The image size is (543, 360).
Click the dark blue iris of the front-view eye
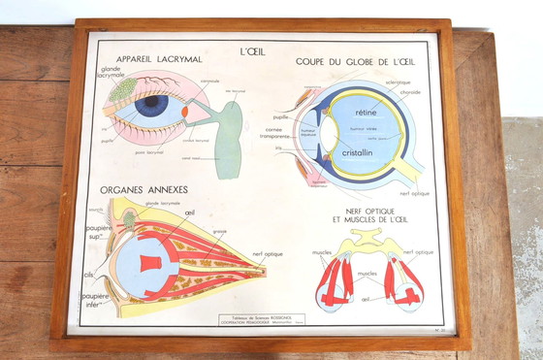[151, 105]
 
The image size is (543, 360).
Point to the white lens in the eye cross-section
[330, 133]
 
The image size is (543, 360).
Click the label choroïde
[410, 93]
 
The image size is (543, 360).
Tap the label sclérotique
[398, 82]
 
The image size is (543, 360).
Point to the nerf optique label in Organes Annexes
[268, 254]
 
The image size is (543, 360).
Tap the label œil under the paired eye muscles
[365, 299]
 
